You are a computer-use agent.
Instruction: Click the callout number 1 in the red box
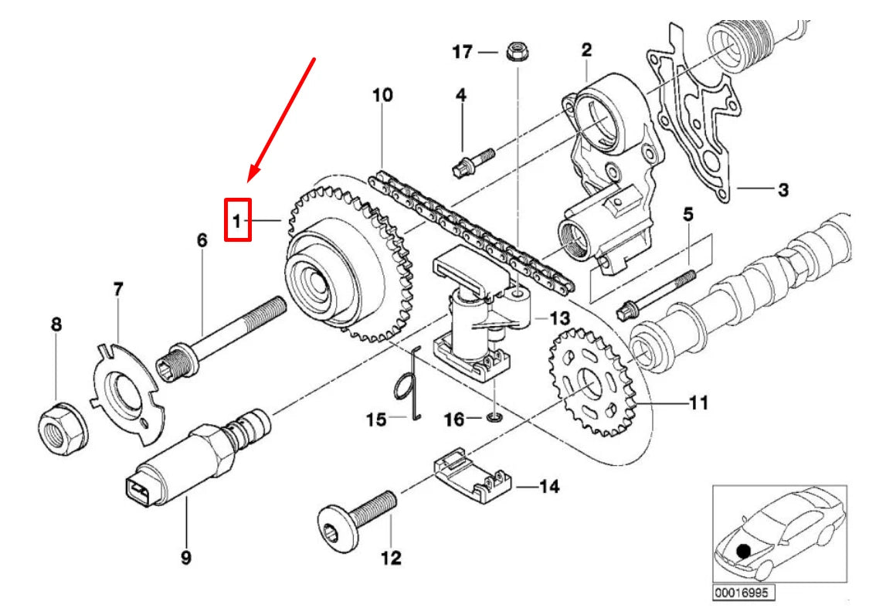(x=237, y=220)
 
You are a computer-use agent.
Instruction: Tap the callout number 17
(x=462, y=52)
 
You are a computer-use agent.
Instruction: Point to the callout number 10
(x=382, y=96)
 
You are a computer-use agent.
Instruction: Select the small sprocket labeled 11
(x=592, y=378)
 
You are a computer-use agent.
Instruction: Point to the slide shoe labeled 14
(x=471, y=474)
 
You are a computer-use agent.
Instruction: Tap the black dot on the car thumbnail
(x=743, y=551)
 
